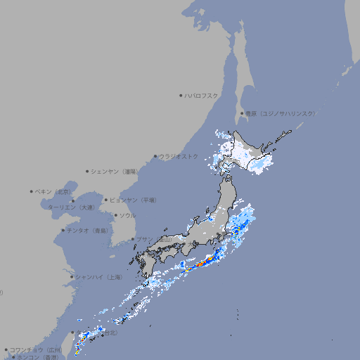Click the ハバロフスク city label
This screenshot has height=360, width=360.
coord(201,95)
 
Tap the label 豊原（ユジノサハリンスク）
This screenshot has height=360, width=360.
coord(280,113)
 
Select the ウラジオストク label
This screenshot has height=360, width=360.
coord(179,156)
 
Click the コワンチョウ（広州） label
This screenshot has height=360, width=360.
coord(36,349)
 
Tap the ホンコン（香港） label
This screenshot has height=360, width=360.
coord(37,357)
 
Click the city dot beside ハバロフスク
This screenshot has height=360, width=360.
coord(181,95)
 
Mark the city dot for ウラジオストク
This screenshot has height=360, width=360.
coord(155,156)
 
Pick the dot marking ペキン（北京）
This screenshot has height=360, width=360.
coord(32,191)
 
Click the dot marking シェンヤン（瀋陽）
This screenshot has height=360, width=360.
coord(88,171)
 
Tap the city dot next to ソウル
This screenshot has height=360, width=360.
coord(115,215)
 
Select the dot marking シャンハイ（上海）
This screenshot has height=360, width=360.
coord(71,277)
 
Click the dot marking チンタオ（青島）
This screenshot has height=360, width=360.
coord(63,230)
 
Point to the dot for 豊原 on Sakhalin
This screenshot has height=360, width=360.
coord(242,113)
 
